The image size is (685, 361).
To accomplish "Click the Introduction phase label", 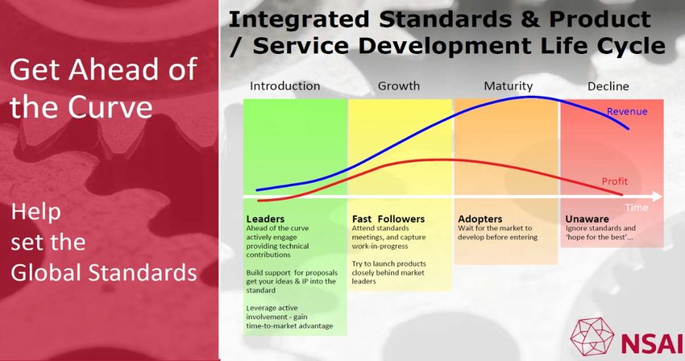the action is pyautogui.click(x=284, y=86).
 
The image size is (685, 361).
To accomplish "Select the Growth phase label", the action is pyautogui.click(x=399, y=86).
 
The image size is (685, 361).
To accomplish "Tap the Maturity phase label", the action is pyautogui.click(x=508, y=86).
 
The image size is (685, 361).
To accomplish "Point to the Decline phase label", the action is pyautogui.click(x=608, y=86).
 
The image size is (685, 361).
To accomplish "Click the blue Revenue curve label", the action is pyautogui.click(x=627, y=111).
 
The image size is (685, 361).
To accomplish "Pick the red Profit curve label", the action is pyautogui.click(x=615, y=181).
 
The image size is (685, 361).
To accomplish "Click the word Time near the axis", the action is pyautogui.click(x=637, y=208).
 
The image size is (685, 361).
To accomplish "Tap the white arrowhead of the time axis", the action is pyautogui.click(x=657, y=197).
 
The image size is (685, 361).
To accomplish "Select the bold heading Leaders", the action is pyautogui.click(x=265, y=219).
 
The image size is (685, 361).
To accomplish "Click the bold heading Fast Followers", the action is pyautogui.click(x=388, y=219).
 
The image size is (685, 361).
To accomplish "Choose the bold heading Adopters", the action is pyautogui.click(x=480, y=219).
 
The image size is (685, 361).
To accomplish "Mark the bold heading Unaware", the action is pyautogui.click(x=587, y=219).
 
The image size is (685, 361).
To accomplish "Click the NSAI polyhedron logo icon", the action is pyautogui.click(x=592, y=336).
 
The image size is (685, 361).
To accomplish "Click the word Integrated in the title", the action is pyautogui.click(x=299, y=19).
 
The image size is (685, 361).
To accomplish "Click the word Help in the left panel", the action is pyautogui.click(x=35, y=212).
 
